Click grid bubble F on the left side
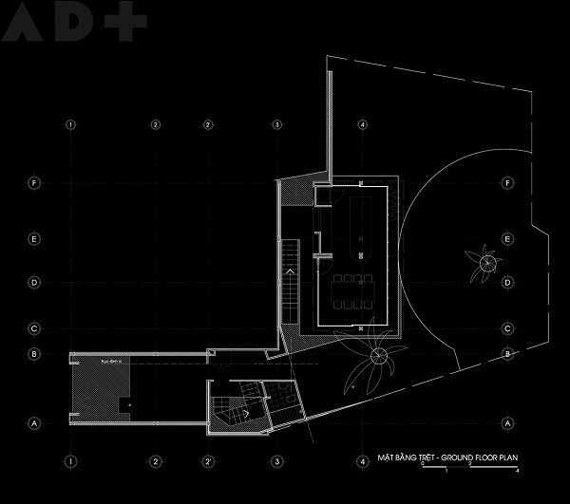[x=34, y=182]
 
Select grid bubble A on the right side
[x=509, y=422]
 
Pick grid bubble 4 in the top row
[x=363, y=125]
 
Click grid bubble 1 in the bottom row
[x=69, y=462]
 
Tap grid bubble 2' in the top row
[x=207, y=125]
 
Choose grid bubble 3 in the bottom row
[x=276, y=462]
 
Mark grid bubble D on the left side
[x=34, y=282]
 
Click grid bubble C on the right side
[x=509, y=329]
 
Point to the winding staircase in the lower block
[x=226, y=411]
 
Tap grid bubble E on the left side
[x=34, y=238]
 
